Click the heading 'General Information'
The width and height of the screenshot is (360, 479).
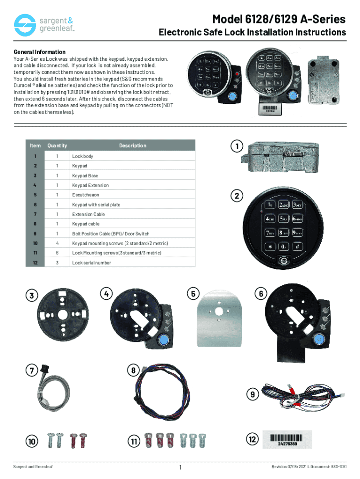pos(40,52)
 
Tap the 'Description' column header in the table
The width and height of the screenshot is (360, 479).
pos(132,146)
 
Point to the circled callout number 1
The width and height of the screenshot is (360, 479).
pos(238,146)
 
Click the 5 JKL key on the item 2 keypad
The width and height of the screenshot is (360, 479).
pos(283,218)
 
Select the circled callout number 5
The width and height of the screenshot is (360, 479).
pos(192,294)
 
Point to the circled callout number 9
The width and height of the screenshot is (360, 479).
pos(252,394)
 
